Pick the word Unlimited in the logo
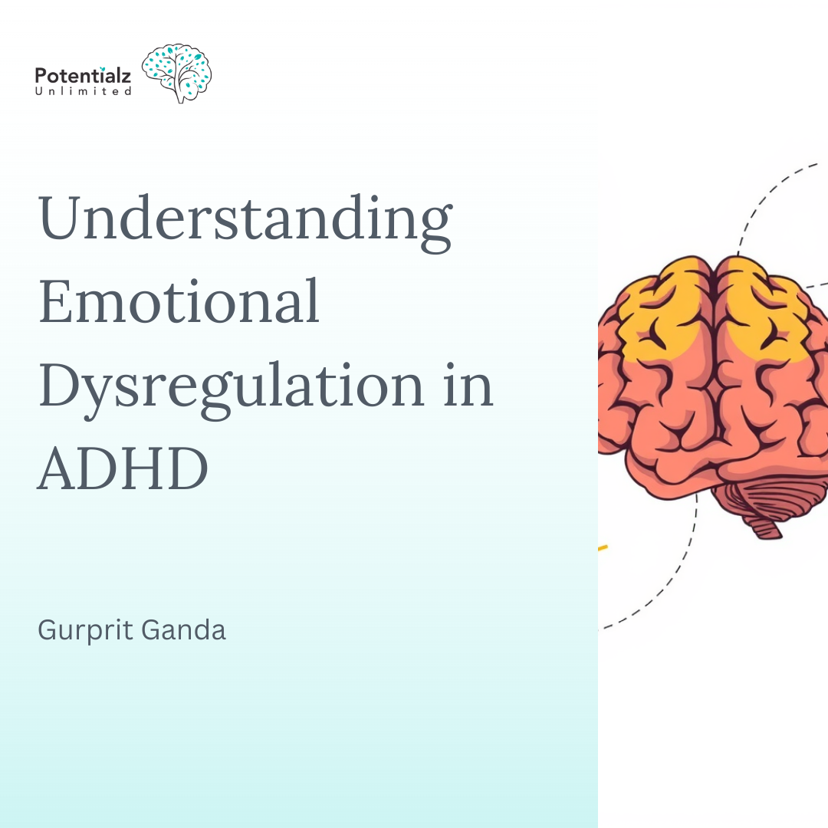[84, 91]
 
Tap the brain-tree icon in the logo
[177, 73]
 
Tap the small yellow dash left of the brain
[602, 548]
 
